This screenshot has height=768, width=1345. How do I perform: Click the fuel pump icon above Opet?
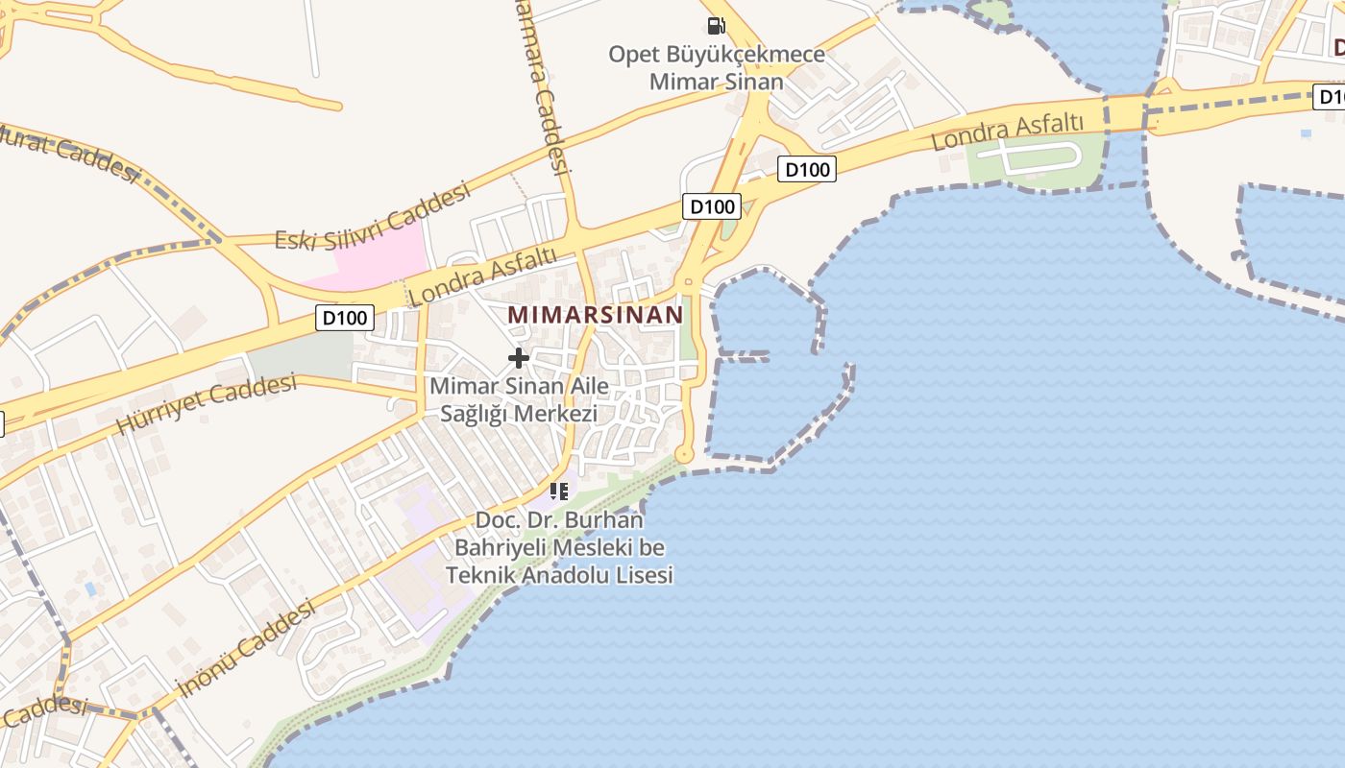[716, 25]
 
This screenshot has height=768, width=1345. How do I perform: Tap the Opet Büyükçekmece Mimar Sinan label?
[717, 67]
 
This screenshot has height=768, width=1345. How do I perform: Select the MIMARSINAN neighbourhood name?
[596, 314]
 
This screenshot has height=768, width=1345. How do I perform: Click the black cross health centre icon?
[519, 358]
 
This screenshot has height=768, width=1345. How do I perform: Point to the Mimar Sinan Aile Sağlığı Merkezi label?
[519, 399]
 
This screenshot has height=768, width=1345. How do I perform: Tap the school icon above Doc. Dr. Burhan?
[559, 492]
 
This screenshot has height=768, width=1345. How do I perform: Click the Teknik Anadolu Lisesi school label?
[559, 548]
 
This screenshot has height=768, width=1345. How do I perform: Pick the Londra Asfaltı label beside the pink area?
[482, 276]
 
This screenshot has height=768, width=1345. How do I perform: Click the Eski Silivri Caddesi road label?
[373, 217]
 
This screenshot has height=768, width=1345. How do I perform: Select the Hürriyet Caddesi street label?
[206, 403]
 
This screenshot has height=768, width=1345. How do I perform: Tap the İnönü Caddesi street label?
[247, 648]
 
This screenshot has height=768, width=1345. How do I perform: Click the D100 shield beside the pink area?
[344, 318]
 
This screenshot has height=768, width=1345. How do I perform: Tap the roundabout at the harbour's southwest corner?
[685, 453]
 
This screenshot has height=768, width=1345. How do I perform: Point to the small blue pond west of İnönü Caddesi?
[90, 588]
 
